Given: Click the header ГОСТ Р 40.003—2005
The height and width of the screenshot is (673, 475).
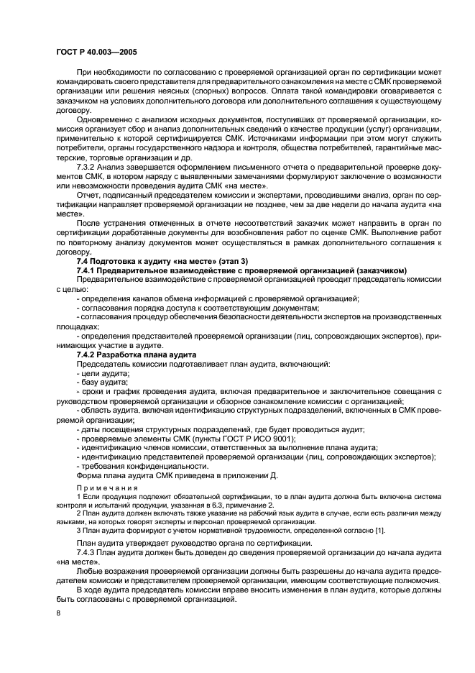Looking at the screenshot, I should click(96, 52).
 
